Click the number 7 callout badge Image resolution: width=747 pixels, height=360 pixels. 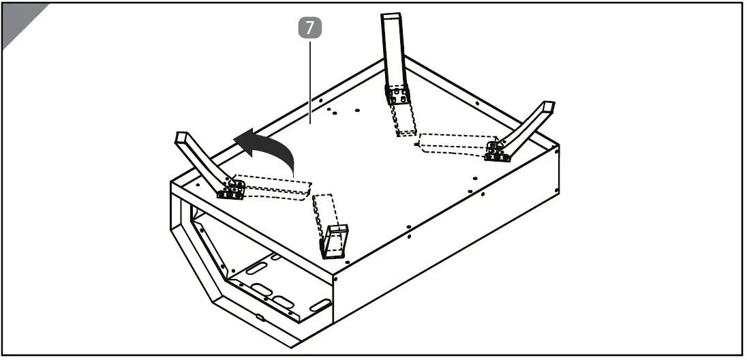tap(311, 28)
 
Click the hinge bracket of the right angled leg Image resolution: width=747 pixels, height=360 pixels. tap(498, 151)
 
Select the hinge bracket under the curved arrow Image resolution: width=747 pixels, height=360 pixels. tap(230, 190)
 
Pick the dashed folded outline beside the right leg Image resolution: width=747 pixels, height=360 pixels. tap(453, 145)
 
